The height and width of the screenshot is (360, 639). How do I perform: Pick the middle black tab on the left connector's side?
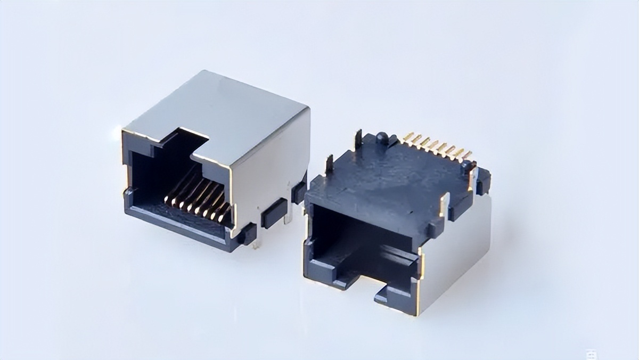274,211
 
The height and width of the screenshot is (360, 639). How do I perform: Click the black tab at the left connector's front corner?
246,234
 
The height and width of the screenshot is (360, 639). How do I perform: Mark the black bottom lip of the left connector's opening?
176,224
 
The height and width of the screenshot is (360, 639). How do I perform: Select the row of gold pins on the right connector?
437,146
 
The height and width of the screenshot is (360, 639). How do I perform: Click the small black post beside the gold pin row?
468,166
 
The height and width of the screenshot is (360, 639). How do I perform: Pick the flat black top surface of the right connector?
389,181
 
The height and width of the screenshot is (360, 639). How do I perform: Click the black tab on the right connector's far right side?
483,181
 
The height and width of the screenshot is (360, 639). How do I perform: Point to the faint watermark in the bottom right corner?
589,354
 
